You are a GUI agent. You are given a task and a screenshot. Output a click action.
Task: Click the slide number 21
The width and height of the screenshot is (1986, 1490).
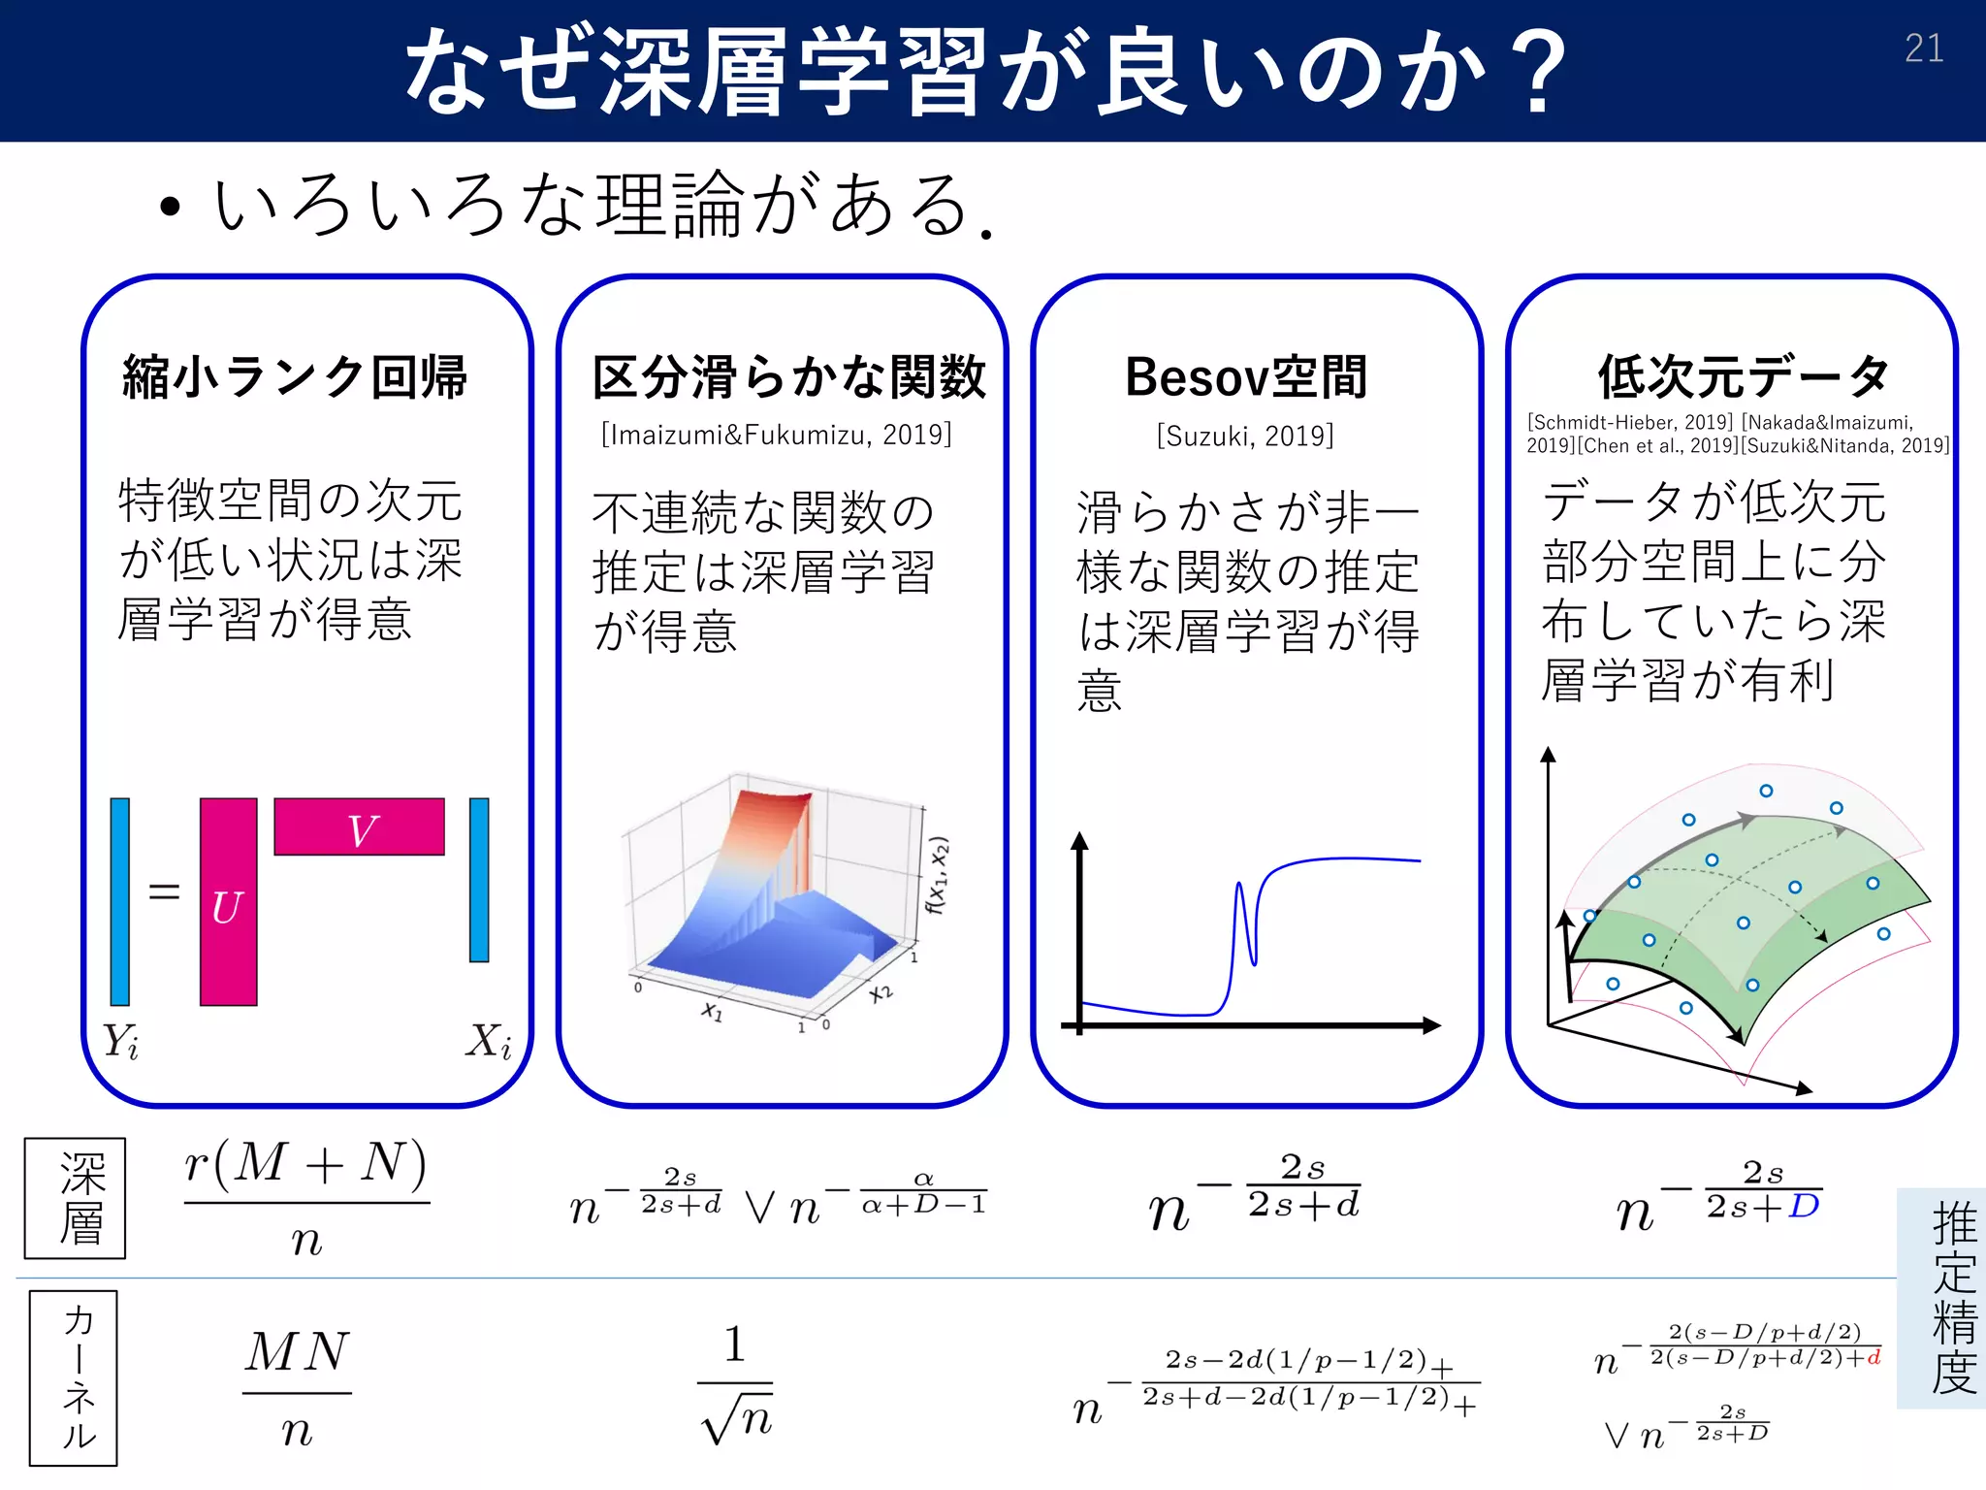point(1924,49)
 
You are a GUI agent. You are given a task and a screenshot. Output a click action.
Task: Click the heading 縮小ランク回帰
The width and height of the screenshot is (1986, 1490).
point(295,377)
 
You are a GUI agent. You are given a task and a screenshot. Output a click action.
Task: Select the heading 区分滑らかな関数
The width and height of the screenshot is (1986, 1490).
point(788,377)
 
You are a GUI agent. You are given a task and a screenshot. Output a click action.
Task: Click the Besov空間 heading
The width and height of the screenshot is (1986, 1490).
point(1246,377)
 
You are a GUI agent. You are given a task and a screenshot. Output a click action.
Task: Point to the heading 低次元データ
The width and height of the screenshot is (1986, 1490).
point(1744,377)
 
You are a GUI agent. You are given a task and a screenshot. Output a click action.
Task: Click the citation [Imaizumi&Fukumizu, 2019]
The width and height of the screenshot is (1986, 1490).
point(776,434)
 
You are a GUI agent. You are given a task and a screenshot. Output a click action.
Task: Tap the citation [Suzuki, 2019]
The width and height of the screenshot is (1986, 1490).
point(1245,436)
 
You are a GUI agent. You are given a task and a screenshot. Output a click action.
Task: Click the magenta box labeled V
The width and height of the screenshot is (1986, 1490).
point(359,826)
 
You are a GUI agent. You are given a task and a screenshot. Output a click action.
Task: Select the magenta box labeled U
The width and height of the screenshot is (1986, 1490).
point(228,902)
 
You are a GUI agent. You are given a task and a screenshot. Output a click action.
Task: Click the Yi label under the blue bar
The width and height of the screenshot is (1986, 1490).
point(121,1042)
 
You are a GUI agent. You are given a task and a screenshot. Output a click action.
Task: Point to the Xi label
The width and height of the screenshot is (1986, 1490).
point(488,1042)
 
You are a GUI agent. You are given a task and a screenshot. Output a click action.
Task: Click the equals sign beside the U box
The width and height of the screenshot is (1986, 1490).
point(164,891)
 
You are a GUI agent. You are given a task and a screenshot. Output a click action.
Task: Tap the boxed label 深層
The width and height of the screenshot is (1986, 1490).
point(76,1198)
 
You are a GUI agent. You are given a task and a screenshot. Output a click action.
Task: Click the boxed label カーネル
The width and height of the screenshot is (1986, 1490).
point(74,1377)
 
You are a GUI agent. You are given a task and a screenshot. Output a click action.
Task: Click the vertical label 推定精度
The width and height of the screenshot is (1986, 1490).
point(1953,1298)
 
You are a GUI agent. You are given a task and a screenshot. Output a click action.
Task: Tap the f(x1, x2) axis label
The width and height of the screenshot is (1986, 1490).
point(937,875)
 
